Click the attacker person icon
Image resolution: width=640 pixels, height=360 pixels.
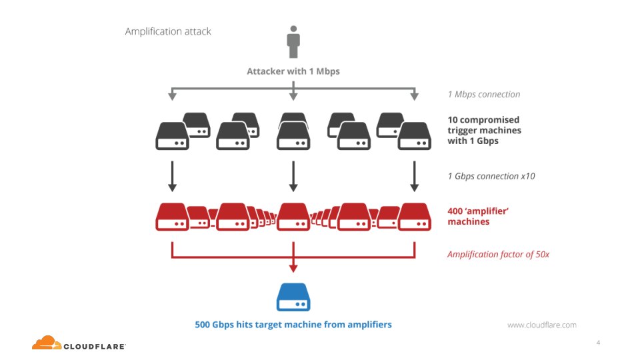tap(293, 42)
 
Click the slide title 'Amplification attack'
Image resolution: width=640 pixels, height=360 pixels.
tap(168, 31)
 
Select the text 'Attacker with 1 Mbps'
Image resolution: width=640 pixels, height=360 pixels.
tap(293, 71)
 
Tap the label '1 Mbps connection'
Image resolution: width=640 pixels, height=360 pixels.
tap(483, 94)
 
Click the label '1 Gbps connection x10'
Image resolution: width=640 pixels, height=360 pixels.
tap(491, 177)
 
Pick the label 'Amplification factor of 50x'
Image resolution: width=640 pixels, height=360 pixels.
tap(498, 254)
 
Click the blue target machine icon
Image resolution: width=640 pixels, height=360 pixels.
tap(293, 297)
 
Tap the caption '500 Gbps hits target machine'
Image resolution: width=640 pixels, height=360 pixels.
tap(293, 325)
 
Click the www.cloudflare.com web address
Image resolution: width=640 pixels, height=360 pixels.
tap(541, 325)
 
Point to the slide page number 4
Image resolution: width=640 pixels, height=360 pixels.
tap(598, 342)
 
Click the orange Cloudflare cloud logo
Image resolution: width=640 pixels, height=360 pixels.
tap(47, 343)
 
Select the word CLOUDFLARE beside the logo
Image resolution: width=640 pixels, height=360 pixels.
tap(95, 346)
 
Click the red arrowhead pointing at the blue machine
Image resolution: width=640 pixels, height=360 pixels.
tap(293, 269)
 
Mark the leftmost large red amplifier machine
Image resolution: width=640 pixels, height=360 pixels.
tap(172, 216)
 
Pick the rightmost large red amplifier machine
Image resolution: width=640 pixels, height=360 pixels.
tap(414, 216)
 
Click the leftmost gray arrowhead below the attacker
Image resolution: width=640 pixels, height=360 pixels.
tap(172, 97)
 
